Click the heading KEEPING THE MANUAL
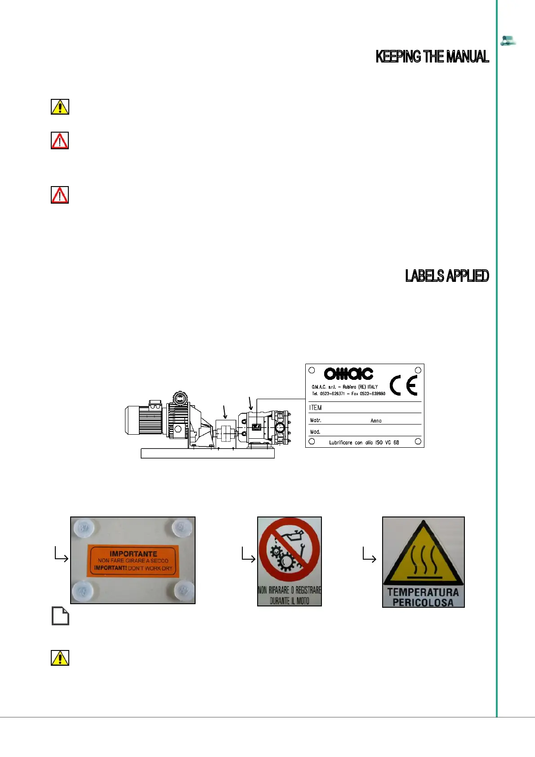pyautogui.click(x=432, y=57)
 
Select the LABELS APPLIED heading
pyautogui.click(x=447, y=276)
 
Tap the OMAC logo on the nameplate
pyautogui.click(x=348, y=374)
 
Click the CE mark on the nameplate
pyautogui.click(x=403, y=385)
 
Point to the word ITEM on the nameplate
pyautogui.click(x=315, y=408)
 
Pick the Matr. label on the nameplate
pyautogui.click(x=316, y=420)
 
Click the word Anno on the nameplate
pyautogui.click(x=376, y=421)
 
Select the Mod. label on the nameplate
pyautogui.click(x=315, y=432)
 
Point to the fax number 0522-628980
pyautogui.click(x=372, y=393)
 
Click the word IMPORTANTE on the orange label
pyautogui.click(x=133, y=554)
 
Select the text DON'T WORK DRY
pyautogui.click(x=150, y=568)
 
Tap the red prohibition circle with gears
pyautogui.click(x=290, y=549)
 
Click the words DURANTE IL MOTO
pyautogui.click(x=290, y=601)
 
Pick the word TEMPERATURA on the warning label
pyautogui.click(x=423, y=592)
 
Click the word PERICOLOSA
pyautogui.click(x=423, y=602)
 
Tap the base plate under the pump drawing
pyautogui.click(x=207, y=454)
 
